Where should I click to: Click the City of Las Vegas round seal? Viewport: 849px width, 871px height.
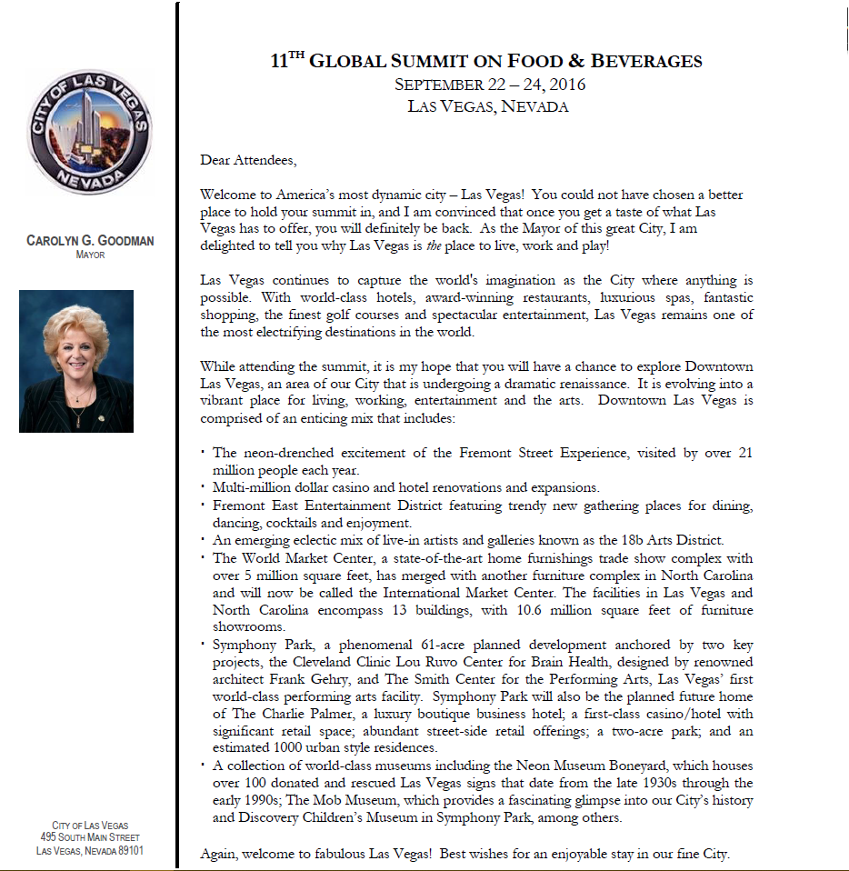click(90, 132)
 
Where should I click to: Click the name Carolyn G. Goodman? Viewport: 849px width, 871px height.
click(90, 241)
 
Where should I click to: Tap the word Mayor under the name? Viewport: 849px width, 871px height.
click(90, 255)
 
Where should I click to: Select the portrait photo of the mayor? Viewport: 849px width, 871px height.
click(76, 361)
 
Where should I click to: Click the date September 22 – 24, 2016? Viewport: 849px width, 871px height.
click(490, 85)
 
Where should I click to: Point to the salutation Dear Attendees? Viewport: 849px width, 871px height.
click(248, 161)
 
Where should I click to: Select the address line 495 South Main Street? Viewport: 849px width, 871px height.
click(90, 837)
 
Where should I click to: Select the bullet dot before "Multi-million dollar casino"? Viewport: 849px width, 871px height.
click(203, 489)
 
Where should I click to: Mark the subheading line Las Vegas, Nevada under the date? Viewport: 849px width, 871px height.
click(488, 106)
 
